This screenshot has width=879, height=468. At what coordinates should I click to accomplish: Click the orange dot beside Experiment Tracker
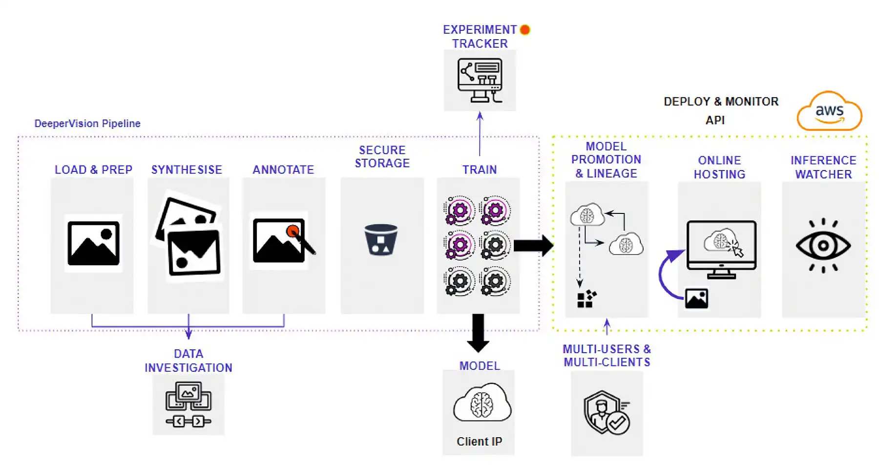point(525,30)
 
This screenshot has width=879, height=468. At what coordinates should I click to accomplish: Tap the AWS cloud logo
point(829,111)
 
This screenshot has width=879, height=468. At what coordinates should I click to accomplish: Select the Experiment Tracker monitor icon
point(480,80)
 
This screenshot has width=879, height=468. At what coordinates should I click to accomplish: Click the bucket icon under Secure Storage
point(381,239)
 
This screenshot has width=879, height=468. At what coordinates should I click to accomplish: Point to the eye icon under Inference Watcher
point(823,245)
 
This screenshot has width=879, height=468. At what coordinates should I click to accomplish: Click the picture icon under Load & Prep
point(93,243)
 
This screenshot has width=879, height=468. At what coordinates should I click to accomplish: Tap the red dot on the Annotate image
point(293,231)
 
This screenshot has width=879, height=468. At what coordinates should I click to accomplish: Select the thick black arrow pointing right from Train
point(533,245)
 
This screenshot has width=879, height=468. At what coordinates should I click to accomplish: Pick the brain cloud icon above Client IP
point(481,404)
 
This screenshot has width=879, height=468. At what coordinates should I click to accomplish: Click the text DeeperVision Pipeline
point(87,124)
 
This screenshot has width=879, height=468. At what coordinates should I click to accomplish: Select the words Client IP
point(479,442)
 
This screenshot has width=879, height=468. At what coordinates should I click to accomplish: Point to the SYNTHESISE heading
point(187,170)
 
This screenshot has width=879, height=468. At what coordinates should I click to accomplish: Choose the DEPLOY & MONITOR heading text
point(721,102)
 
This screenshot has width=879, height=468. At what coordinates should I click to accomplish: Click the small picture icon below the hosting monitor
point(696,298)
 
